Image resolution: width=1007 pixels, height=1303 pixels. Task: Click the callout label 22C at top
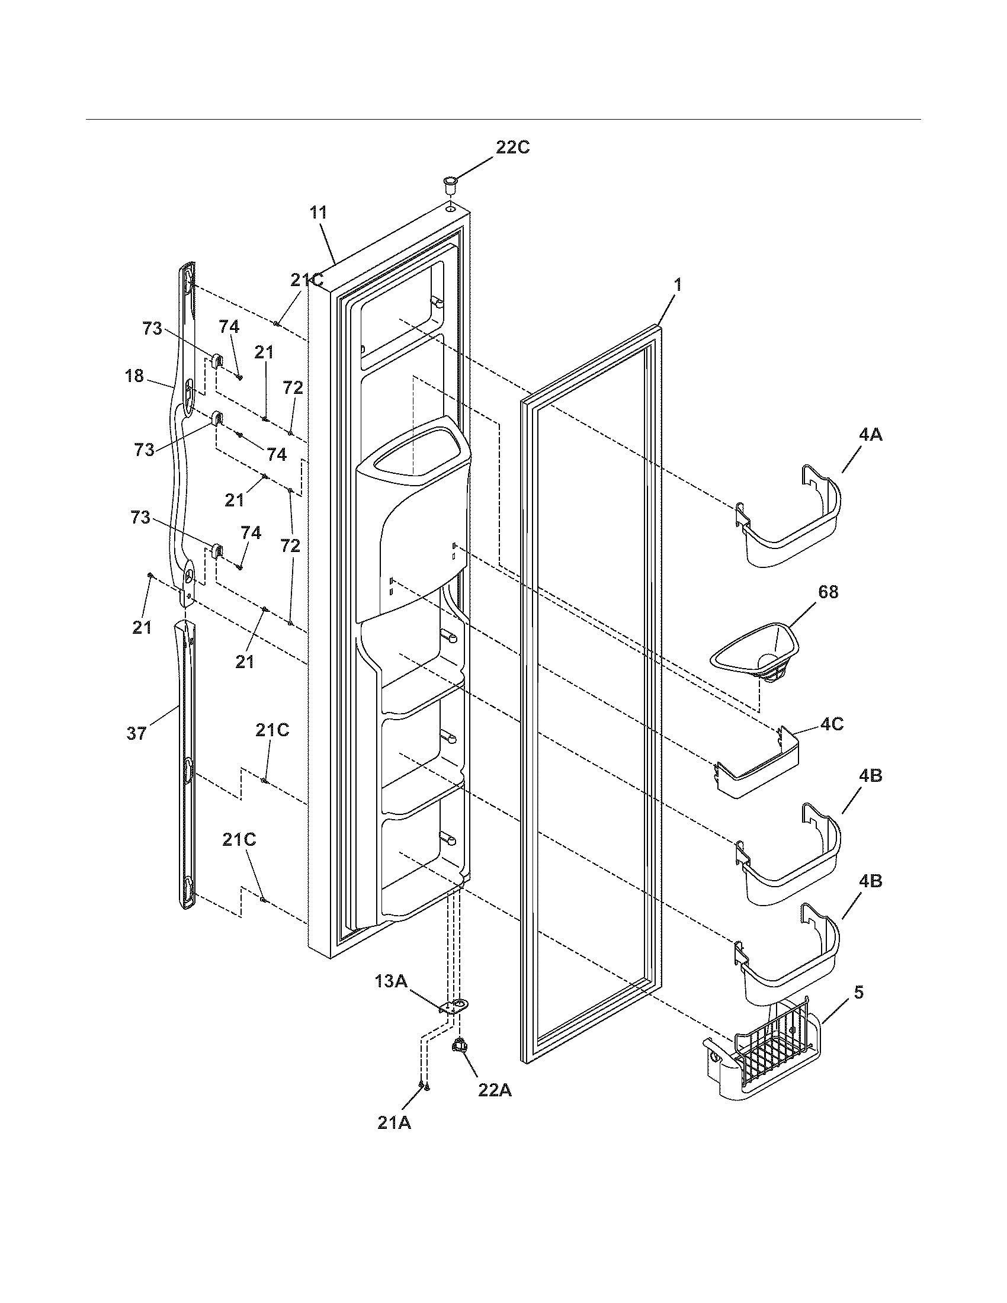pyautogui.click(x=512, y=147)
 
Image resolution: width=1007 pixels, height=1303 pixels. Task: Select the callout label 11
pyautogui.click(x=318, y=213)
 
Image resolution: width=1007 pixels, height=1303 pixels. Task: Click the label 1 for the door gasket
pyautogui.click(x=677, y=285)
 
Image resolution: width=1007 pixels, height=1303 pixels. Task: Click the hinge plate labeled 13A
pyautogui.click(x=454, y=1007)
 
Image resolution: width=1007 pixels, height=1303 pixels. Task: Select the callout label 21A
pyautogui.click(x=395, y=1122)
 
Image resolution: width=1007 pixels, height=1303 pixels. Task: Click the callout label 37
pyautogui.click(x=137, y=733)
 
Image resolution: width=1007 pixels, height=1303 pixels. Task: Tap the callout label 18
pyautogui.click(x=135, y=377)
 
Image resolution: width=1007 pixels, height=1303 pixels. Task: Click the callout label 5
pyautogui.click(x=858, y=992)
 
